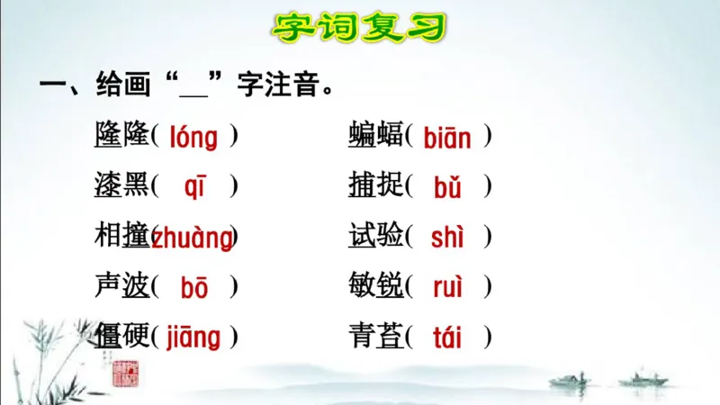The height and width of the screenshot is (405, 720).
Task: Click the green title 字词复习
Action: [x=360, y=27]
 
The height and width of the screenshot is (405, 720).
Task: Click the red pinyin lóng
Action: [x=193, y=138]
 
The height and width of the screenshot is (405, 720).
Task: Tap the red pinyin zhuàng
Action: [x=192, y=238]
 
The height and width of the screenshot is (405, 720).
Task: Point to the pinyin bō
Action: [x=194, y=288]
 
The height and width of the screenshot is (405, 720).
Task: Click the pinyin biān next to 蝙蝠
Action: [x=447, y=138]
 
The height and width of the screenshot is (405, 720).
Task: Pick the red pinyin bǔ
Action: [x=447, y=187]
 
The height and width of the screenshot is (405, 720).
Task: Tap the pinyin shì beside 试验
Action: [x=447, y=238]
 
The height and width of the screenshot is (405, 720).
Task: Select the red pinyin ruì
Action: [x=447, y=288]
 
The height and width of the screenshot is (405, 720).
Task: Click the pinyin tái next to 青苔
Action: [x=447, y=337]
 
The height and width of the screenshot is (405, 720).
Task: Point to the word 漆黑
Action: [x=121, y=186]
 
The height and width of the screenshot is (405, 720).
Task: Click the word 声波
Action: [x=121, y=287]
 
